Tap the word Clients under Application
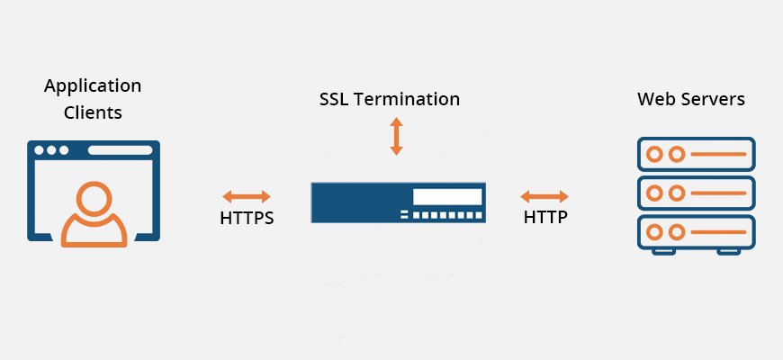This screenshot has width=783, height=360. [93, 112]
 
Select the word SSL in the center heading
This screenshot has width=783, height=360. [335, 99]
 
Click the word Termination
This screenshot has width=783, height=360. [408, 99]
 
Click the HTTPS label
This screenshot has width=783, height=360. [247, 218]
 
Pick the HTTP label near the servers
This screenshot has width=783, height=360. [545, 217]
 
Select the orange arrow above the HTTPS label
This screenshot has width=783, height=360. [247, 196]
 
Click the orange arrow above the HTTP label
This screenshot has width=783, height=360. [544, 196]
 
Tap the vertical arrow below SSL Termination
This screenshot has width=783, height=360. [397, 136]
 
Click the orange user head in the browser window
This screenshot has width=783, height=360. [94, 198]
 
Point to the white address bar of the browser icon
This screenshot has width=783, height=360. [120, 150]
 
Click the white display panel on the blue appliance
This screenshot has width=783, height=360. [447, 197]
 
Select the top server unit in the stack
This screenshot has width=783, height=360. [696, 154]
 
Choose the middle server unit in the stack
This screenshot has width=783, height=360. [696, 193]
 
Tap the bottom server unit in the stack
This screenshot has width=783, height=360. [696, 232]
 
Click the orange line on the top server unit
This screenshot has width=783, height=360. [718, 154]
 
